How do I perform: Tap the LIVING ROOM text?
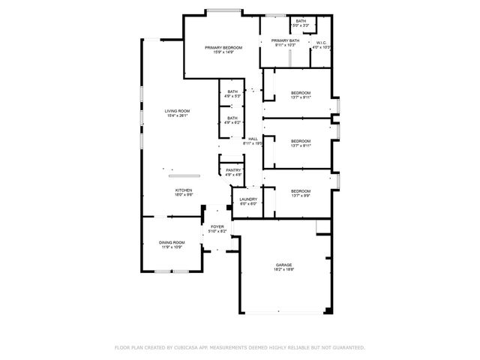point(177,111)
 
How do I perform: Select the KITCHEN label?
point(184,190)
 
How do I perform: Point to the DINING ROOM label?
point(172,242)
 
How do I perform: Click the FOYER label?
point(217,226)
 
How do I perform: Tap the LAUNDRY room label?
point(248,199)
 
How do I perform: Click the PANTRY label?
point(233,170)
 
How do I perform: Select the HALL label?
point(253,138)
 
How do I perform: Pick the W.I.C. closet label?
point(322,43)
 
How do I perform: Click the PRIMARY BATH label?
point(285,40)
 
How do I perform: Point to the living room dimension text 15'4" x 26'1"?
point(177,116)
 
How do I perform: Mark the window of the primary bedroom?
point(223,11)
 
